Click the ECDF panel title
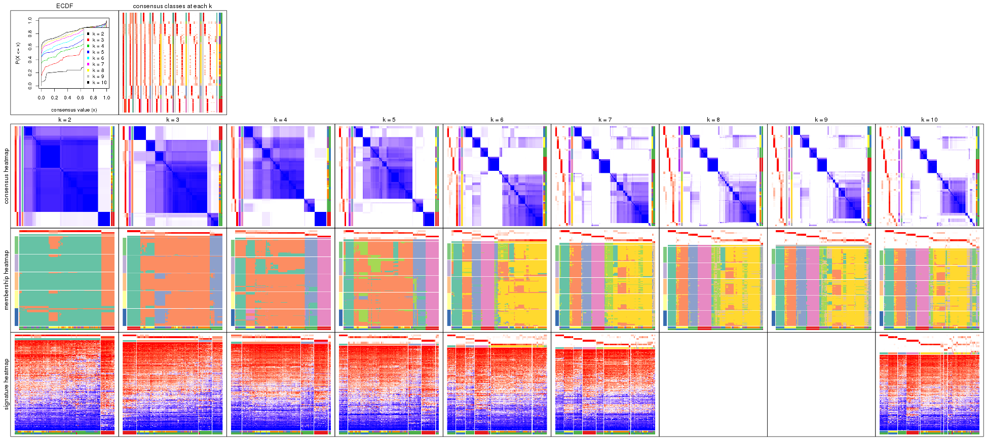pyautogui.click(x=64, y=6)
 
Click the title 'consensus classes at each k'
pyautogui.click(x=172, y=6)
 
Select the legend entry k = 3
pyautogui.click(x=98, y=40)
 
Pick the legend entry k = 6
pyautogui.click(x=98, y=58)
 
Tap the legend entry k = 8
pyautogui.click(x=98, y=70)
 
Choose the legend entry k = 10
pyautogui.click(x=99, y=83)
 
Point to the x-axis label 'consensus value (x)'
pyautogui.click(x=74, y=109)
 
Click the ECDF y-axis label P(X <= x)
pyautogui.click(x=17, y=53)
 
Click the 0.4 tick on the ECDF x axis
pyautogui.click(x=67, y=98)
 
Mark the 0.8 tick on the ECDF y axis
pyautogui.click(x=30, y=33)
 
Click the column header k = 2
pyautogui.click(x=64, y=120)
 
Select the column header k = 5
pyautogui.click(x=389, y=120)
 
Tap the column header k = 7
pyautogui.click(x=605, y=120)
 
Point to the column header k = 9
pyautogui.click(x=821, y=120)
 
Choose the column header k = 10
pyautogui.click(x=929, y=120)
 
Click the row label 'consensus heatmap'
pyautogui.click(x=7, y=176)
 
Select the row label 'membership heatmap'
pyautogui.click(x=7, y=279)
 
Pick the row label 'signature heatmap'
pyautogui.click(x=7, y=384)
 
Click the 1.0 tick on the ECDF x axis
pyautogui.click(x=106, y=98)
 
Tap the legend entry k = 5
pyautogui.click(x=98, y=52)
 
